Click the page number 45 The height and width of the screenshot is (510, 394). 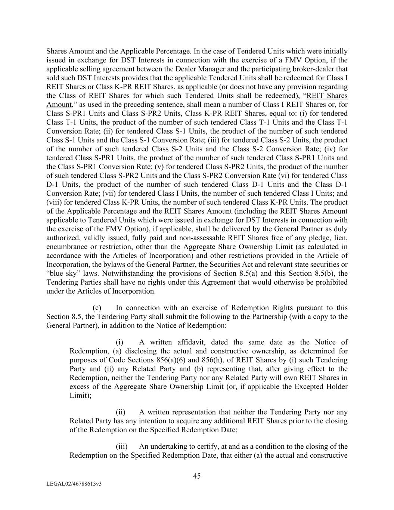point(197,476)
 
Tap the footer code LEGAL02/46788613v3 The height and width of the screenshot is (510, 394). point(74,484)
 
